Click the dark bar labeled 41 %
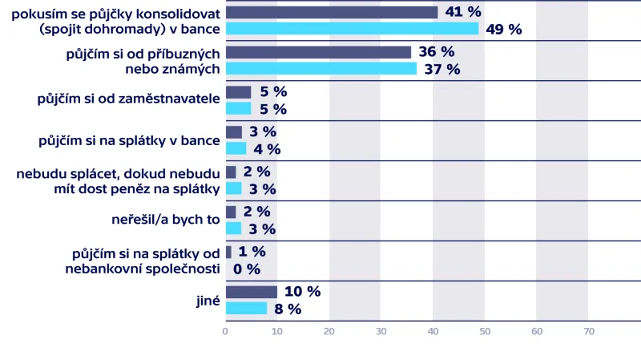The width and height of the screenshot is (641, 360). [332, 12]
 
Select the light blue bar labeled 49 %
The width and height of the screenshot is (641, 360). [352, 29]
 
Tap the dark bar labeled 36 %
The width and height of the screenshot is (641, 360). [318, 52]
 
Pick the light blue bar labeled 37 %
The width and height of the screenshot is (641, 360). [321, 69]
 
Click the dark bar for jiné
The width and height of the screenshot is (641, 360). [252, 292]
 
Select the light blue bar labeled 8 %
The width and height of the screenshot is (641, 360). [246, 309]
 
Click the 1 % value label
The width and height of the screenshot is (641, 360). [252, 252]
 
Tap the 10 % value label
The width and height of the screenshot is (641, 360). [302, 292]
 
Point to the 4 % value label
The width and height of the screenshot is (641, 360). [267, 149]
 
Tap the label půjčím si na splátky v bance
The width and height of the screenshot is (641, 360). [129, 140]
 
